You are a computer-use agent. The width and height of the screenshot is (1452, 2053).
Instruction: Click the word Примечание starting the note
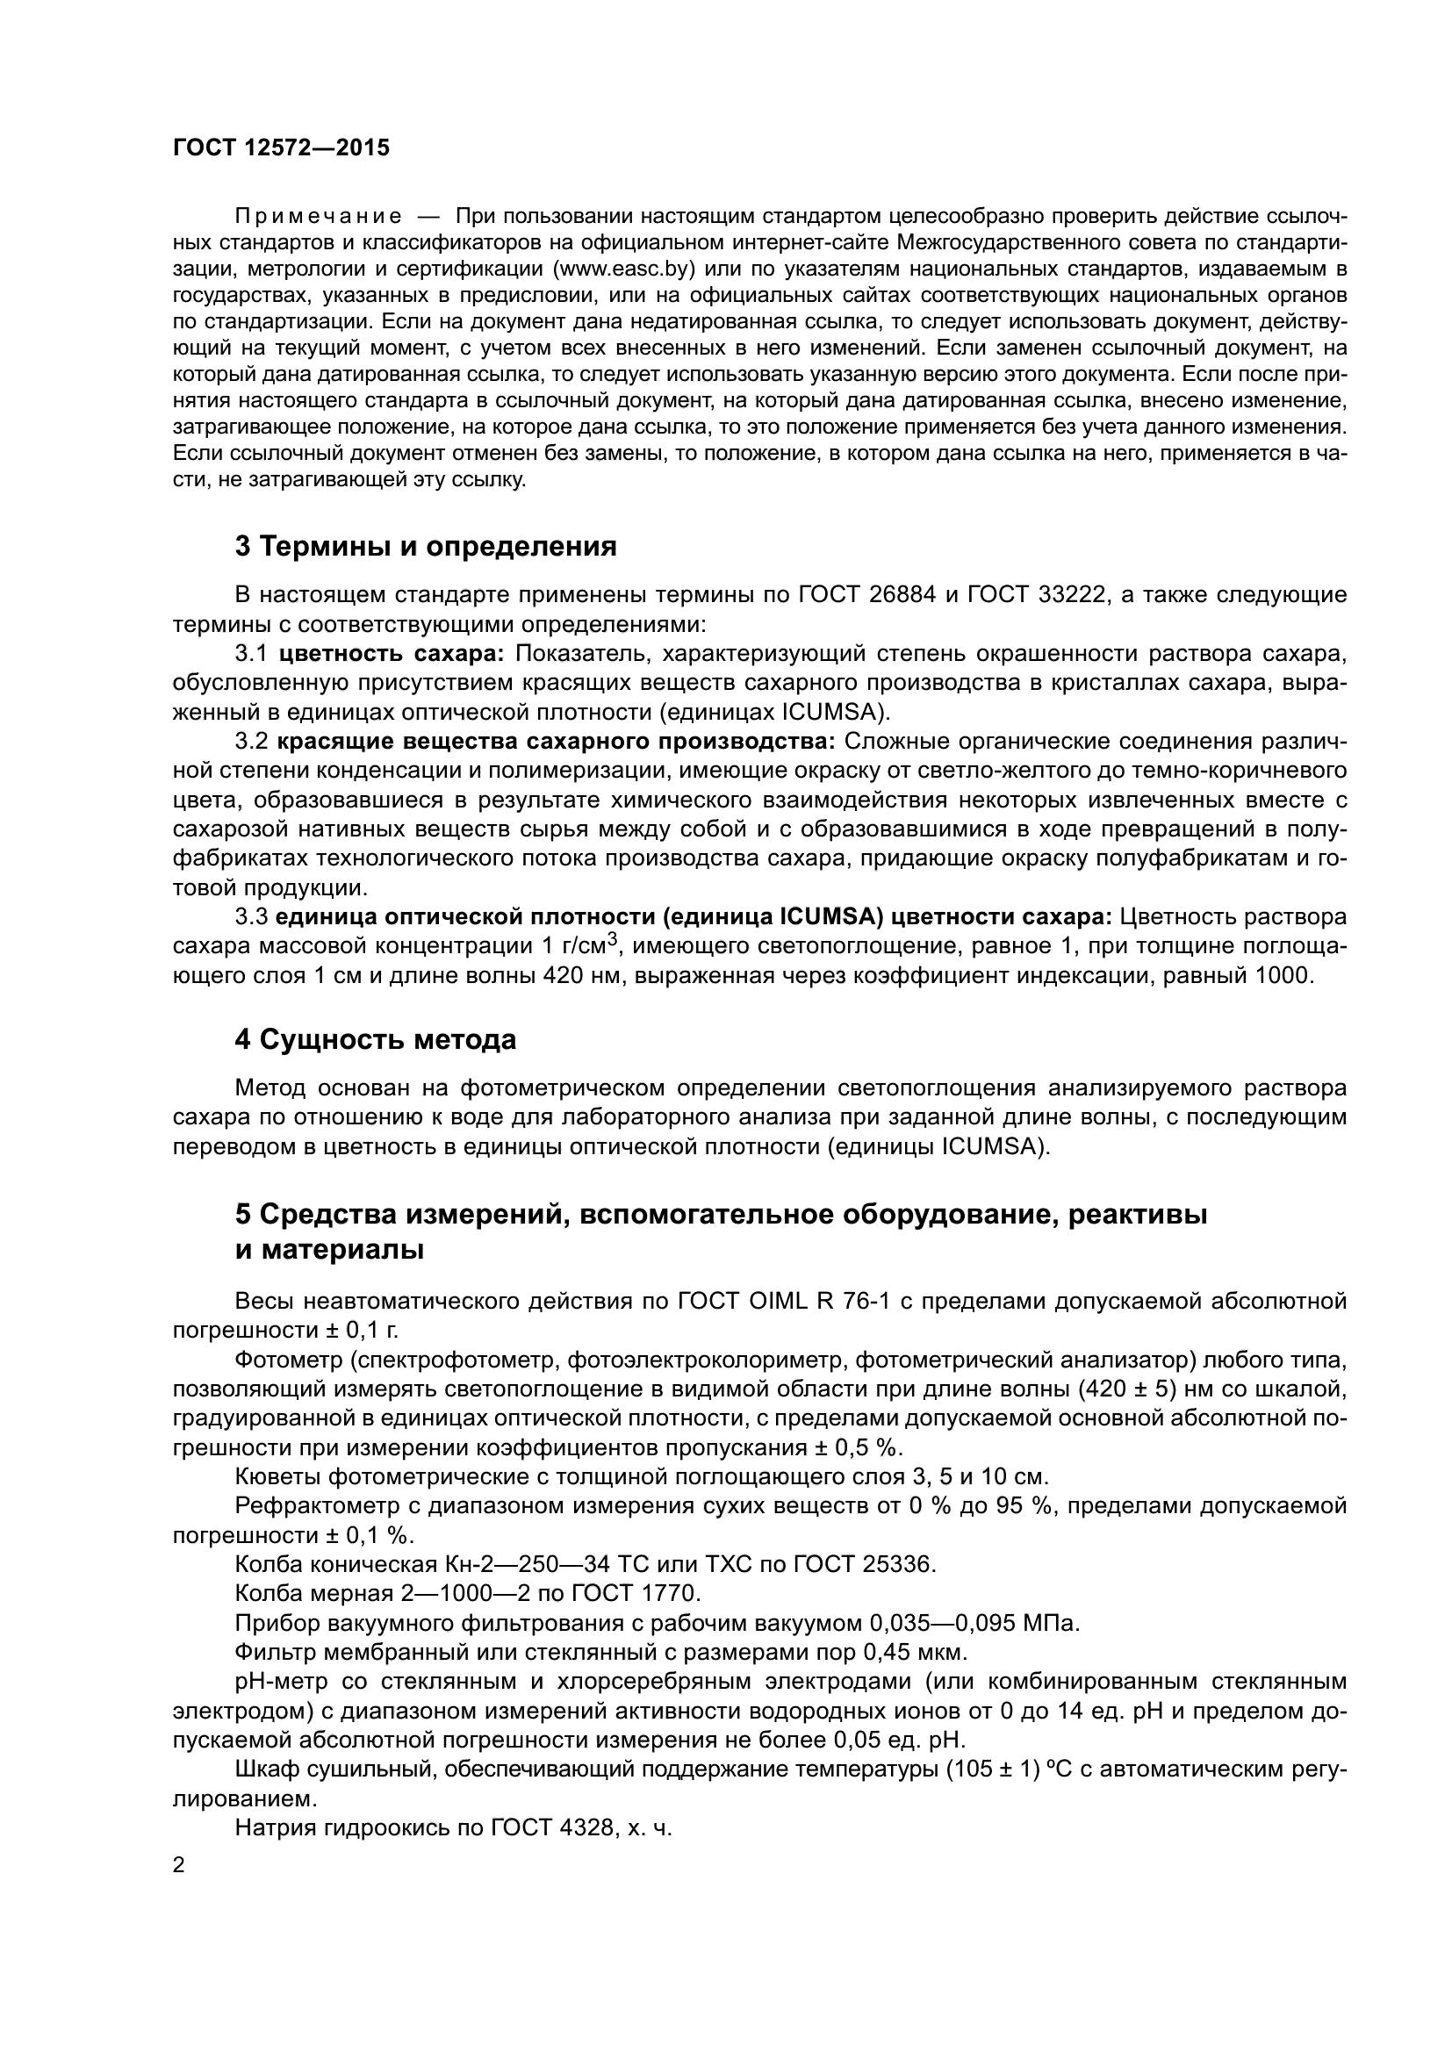(318, 217)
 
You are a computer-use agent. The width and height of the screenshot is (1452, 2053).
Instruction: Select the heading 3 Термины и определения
(426, 546)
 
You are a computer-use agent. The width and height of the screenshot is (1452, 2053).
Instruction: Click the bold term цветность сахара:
(392, 654)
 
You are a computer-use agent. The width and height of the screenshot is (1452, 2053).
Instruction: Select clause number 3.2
(251, 742)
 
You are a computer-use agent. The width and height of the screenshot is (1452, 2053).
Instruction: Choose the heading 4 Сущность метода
(376, 1040)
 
